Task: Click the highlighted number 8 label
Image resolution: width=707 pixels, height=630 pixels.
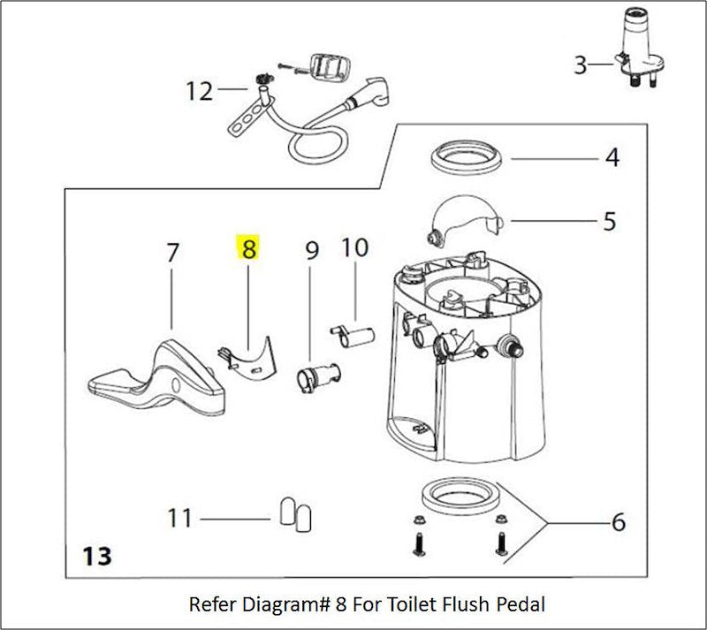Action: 248,249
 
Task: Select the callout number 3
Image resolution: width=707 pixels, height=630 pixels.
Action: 580,65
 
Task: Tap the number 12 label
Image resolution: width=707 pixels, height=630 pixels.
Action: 199,90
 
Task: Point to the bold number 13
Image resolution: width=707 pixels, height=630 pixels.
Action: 96,556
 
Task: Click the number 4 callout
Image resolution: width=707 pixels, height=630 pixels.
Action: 612,159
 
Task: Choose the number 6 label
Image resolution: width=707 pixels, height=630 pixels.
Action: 618,522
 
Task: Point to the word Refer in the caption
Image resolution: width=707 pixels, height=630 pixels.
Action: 210,605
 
